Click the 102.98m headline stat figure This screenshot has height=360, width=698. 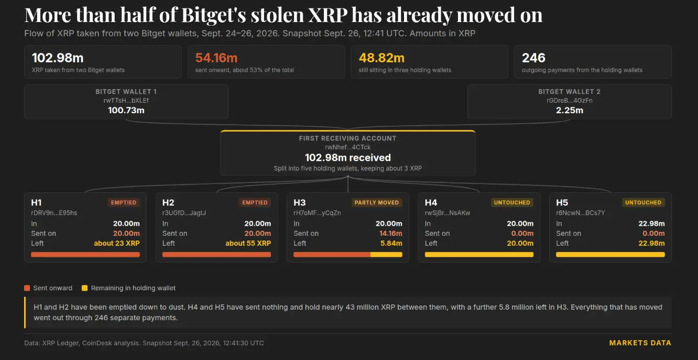[58, 58]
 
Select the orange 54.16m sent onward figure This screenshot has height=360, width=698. [216, 58]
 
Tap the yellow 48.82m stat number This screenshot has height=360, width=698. [381, 58]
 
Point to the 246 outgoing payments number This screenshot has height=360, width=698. [533, 58]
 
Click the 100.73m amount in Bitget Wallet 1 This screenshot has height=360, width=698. [126, 110]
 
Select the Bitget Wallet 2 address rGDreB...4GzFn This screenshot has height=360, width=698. [569, 101]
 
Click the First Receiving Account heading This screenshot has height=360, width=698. [348, 138]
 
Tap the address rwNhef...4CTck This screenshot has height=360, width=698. [348, 147]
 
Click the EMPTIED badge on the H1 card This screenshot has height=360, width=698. [124, 203]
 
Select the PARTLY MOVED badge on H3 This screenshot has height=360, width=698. [377, 203]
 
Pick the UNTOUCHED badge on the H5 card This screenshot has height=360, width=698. [643, 203]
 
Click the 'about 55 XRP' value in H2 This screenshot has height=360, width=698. [248, 243]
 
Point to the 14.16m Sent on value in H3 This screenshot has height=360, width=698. [391, 233]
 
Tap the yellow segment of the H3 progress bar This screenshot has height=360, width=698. [386, 255]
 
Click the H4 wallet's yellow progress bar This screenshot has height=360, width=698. [479, 255]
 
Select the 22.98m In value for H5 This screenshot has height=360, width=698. [651, 223]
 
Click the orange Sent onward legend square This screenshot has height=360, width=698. [27, 288]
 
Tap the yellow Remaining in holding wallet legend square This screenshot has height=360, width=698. [84, 288]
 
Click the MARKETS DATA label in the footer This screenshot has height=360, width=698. [640, 343]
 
